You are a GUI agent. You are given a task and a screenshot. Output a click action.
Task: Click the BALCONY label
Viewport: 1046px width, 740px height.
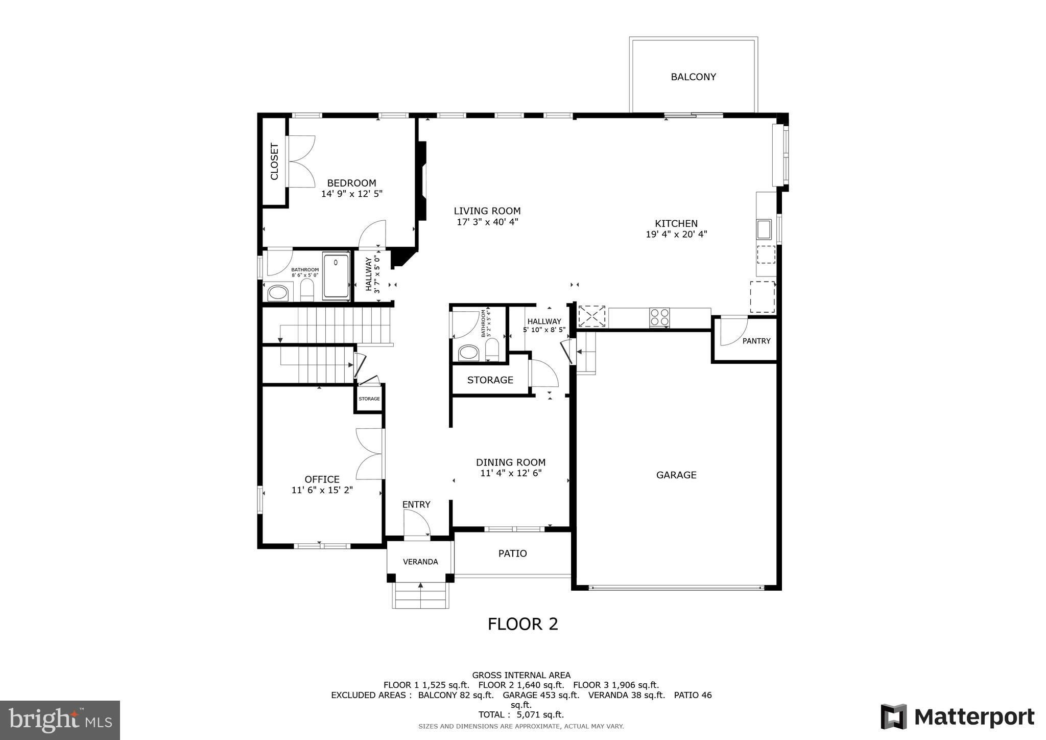click(x=693, y=77)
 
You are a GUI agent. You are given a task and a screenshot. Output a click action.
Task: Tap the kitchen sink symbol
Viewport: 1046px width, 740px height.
click(x=764, y=229)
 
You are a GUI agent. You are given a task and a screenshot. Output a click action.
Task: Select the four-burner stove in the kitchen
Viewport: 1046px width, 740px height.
click(x=659, y=317)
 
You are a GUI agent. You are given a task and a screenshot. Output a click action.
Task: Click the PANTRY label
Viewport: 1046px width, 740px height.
click(x=756, y=341)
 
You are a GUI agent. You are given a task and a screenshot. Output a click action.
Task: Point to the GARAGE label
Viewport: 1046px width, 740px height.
click(x=676, y=475)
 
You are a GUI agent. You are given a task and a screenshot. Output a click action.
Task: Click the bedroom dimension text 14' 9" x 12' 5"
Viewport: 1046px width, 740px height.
click(x=352, y=194)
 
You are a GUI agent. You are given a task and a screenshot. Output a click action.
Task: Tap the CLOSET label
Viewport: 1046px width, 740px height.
click(x=274, y=161)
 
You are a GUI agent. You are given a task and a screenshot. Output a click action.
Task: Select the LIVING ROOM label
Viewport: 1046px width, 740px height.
click(x=487, y=211)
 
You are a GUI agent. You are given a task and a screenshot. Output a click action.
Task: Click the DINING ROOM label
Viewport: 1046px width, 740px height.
click(x=511, y=462)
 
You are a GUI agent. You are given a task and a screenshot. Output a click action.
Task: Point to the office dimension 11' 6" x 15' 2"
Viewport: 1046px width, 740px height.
click(x=322, y=490)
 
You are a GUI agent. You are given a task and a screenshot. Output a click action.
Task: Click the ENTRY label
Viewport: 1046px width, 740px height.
click(x=416, y=505)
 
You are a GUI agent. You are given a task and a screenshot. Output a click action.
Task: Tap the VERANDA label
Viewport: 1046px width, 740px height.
click(x=420, y=562)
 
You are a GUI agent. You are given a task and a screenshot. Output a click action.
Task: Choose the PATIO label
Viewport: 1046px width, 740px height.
click(x=512, y=553)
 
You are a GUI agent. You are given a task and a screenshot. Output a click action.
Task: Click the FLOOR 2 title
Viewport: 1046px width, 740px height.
click(x=523, y=624)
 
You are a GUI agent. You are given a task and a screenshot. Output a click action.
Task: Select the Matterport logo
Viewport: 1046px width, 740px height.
click(x=958, y=717)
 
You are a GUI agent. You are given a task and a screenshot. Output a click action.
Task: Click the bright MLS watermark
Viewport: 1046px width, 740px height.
click(x=60, y=720)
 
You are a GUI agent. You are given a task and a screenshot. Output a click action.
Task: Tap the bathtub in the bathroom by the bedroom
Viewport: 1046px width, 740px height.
click(x=336, y=276)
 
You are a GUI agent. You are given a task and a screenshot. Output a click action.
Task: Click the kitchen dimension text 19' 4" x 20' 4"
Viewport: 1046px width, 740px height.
click(x=676, y=235)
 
